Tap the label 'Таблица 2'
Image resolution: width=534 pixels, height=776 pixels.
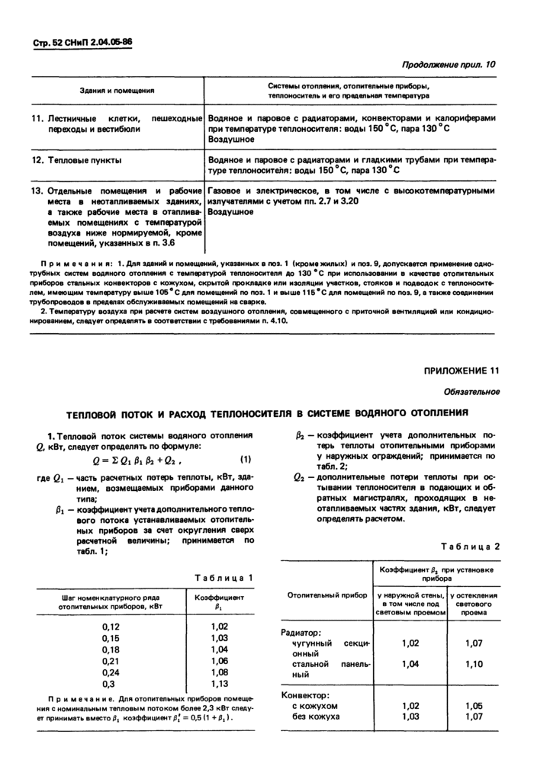coord(472,547)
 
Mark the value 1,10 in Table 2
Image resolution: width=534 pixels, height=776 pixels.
coord(474,664)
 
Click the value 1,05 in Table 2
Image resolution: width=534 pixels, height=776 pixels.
coord(474,706)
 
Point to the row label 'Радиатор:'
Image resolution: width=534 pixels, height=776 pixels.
coord(302,632)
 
